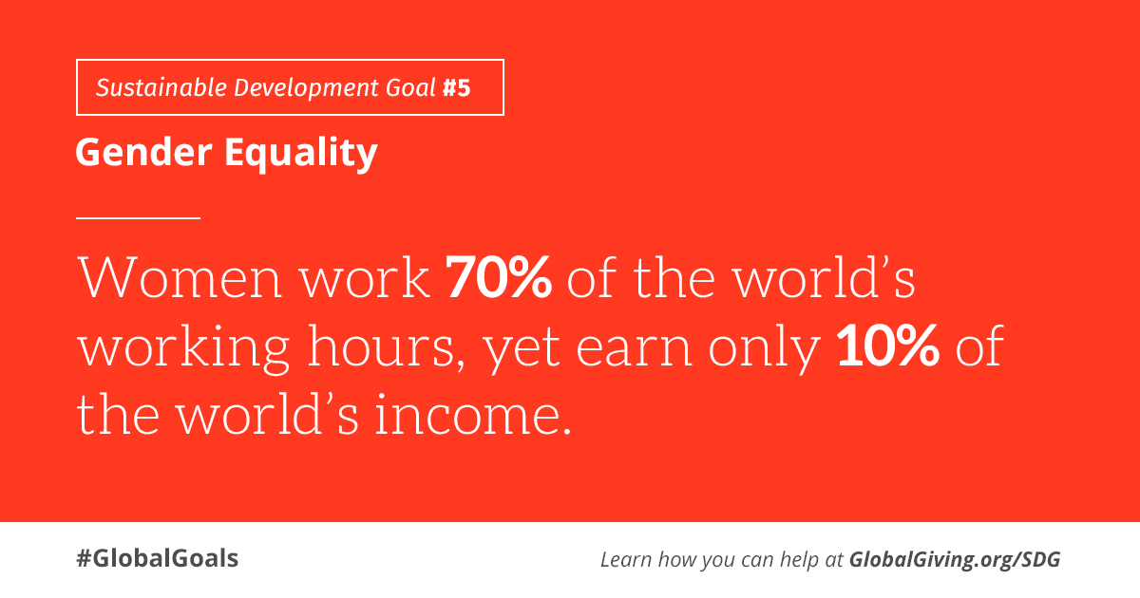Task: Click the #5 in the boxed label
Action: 457,87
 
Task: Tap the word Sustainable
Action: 161,87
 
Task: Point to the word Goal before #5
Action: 410,87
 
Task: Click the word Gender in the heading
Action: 143,152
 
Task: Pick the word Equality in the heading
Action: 301,154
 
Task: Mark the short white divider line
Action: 138,218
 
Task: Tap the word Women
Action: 180,277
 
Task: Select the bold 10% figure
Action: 888,346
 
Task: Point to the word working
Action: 183,349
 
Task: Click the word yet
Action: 522,351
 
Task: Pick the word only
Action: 765,349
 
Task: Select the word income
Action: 473,415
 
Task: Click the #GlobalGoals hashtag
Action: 158,558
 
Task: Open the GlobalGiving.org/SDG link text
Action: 955,560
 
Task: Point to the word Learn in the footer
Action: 626,559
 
